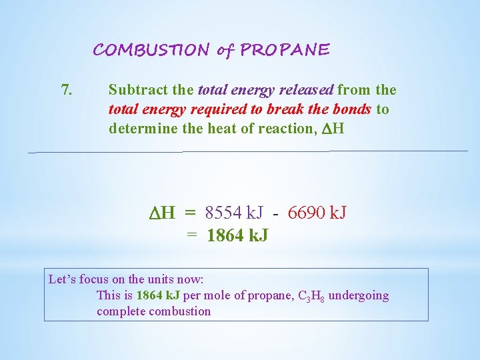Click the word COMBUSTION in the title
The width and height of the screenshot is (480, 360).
[151, 50]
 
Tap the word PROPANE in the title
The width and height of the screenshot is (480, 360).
[285, 50]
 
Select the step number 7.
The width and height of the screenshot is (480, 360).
[67, 90]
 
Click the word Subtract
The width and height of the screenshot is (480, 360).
[135, 90]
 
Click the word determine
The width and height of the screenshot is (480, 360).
[141, 129]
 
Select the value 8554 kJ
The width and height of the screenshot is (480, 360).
[234, 213]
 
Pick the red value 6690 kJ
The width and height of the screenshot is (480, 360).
[317, 213]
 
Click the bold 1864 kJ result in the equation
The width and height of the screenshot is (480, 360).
[237, 235]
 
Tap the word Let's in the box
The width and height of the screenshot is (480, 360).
[62, 279]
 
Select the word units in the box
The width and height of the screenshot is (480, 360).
[154, 279]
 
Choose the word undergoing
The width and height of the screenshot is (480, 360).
[359, 295]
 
